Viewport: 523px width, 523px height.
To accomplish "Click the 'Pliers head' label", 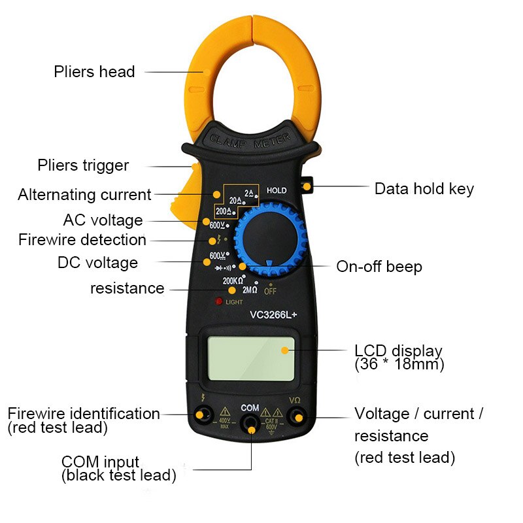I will pyautogui.click(x=94, y=72).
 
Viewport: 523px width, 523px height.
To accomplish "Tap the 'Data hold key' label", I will pyautogui.click(x=424, y=189).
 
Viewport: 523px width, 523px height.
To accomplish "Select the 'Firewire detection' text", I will pyautogui.click(x=82, y=239).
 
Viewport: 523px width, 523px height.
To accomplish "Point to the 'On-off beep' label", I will pyautogui.click(x=379, y=267).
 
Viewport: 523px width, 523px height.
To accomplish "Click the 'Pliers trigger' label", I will pyautogui.click(x=83, y=165).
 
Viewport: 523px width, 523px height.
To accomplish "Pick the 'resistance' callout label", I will pyautogui.click(x=127, y=288).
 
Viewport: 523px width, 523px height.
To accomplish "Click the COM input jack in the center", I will pyautogui.click(x=250, y=424).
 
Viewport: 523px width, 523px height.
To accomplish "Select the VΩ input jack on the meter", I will pyautogui.click(x=298, y=416).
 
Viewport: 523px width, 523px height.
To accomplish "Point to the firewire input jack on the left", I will pyautogui.click(x=201, y=414).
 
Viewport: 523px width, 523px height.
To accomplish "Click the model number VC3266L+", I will pyautogui.click(x=273, y=314).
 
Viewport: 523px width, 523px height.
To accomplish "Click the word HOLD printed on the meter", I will pyautogui.click(x=277, y=190).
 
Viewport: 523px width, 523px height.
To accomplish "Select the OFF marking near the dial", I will pyautogui.click(x=269, y=291).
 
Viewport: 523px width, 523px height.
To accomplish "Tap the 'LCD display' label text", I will pyautogui.click(x=398, y=350).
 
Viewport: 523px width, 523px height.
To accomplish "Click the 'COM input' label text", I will pyautogui.click(x=100, y=462).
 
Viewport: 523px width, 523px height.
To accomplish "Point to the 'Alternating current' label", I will pyautogui.click(x=84, y=194).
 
